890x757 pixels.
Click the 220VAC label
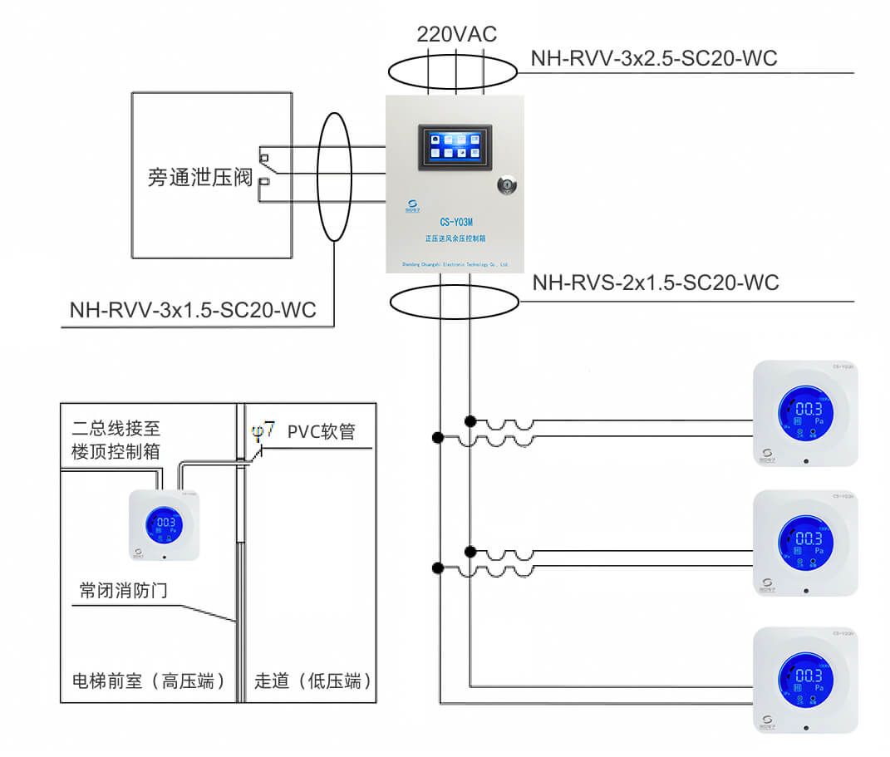456,34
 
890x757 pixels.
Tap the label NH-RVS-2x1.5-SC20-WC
656,283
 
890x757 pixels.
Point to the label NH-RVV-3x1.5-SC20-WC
194,311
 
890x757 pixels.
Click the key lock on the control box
505,185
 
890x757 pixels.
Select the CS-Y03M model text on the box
455,222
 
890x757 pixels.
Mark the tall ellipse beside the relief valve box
335,177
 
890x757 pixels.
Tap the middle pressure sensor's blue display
806,543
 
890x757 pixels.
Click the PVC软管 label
321,432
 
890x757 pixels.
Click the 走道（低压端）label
313,681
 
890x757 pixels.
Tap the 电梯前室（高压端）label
149,681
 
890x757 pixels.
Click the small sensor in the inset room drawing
165,524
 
